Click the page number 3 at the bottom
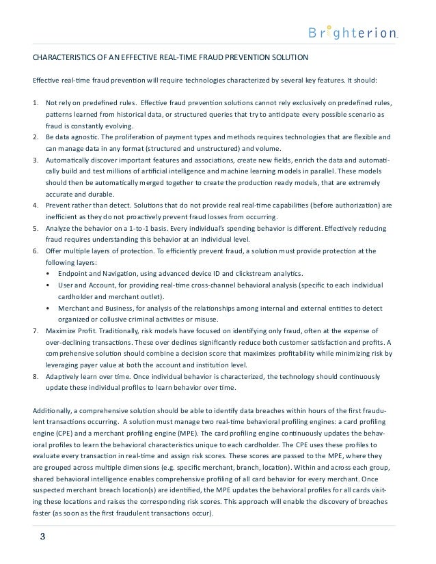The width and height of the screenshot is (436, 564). pos(42,535)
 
